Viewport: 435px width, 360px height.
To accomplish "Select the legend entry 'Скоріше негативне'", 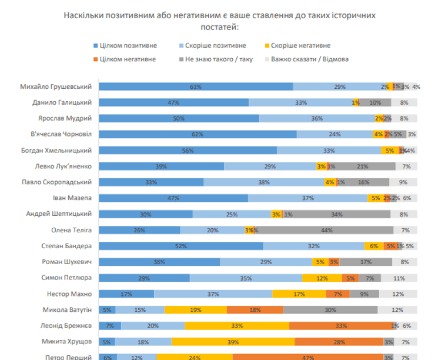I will pyautogui.click(x=302, y=46).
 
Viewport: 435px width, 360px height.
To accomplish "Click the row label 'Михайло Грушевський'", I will pyautogui.click(x=58, y=86).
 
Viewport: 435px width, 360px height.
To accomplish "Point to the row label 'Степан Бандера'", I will pyautogui.click(x=66, y=245).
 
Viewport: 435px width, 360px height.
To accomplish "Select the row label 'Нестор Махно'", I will pyautogui.click(x=69, y=294).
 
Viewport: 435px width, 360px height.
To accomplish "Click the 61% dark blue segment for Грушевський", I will pyautogui.click(x=196, y=86).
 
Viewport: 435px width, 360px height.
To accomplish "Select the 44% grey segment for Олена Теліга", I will pyautogui.click(x=324, y=230).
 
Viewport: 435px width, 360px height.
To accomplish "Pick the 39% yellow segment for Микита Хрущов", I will pyautogui.click(x=233, y=341).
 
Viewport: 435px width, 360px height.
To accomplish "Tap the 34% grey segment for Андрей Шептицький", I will pyautogui.click(x=337, y=214).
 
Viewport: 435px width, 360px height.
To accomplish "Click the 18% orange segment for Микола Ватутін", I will pyautogui.click(x=255, y=309).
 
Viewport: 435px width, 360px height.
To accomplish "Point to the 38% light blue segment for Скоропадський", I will pyautogui.click(x=264, y=182).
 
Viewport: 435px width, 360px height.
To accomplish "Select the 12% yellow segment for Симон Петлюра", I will pyautogui.click(x=322, y=278).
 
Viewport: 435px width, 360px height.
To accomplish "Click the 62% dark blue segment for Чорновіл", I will pyautogui.click(x=198, y=134).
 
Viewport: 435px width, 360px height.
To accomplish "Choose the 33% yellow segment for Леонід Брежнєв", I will pyautogui.click(x=237, y=325).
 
